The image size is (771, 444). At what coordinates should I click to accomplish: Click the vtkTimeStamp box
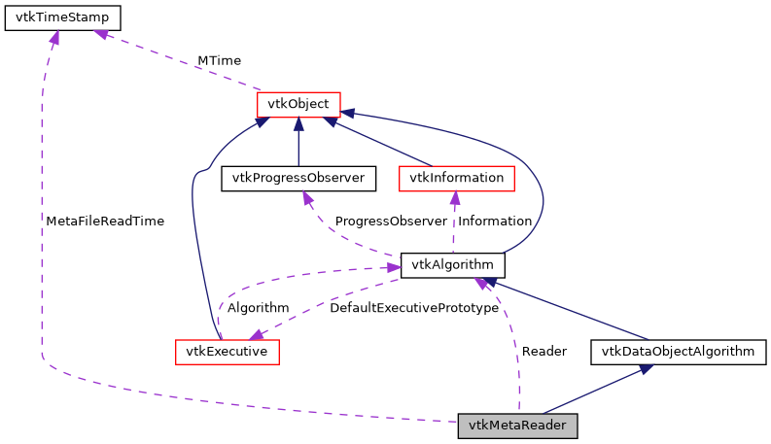click(x=63, y=18)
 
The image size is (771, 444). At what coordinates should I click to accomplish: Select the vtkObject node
click(x=298, y=103)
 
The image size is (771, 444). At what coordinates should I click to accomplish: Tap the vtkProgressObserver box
click(x=298, y=178)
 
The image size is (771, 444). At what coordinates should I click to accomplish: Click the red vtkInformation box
click(x=456, y=178)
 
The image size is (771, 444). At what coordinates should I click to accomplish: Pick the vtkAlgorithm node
click(x=452, y=264)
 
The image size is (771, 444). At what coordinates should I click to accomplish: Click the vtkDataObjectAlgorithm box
click(x=678, y=351)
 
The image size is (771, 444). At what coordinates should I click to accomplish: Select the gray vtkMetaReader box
click(x=518, y=426)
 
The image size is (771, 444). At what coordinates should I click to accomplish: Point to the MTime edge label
click(x=219, y=60)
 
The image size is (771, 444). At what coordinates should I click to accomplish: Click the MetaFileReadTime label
click(x=105, y=221)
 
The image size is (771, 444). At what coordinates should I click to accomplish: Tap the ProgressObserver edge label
click(x=391, y=221)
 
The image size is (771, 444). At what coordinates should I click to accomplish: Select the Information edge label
click(x=495, y=221)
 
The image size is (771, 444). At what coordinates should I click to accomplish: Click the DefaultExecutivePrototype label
click(x=414, y=308)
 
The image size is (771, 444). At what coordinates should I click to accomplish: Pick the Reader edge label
click(x=543, y=351)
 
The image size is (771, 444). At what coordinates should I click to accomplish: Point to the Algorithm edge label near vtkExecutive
click(x=258, y=308)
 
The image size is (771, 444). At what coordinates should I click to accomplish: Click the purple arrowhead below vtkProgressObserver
click(x=308, y=198)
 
